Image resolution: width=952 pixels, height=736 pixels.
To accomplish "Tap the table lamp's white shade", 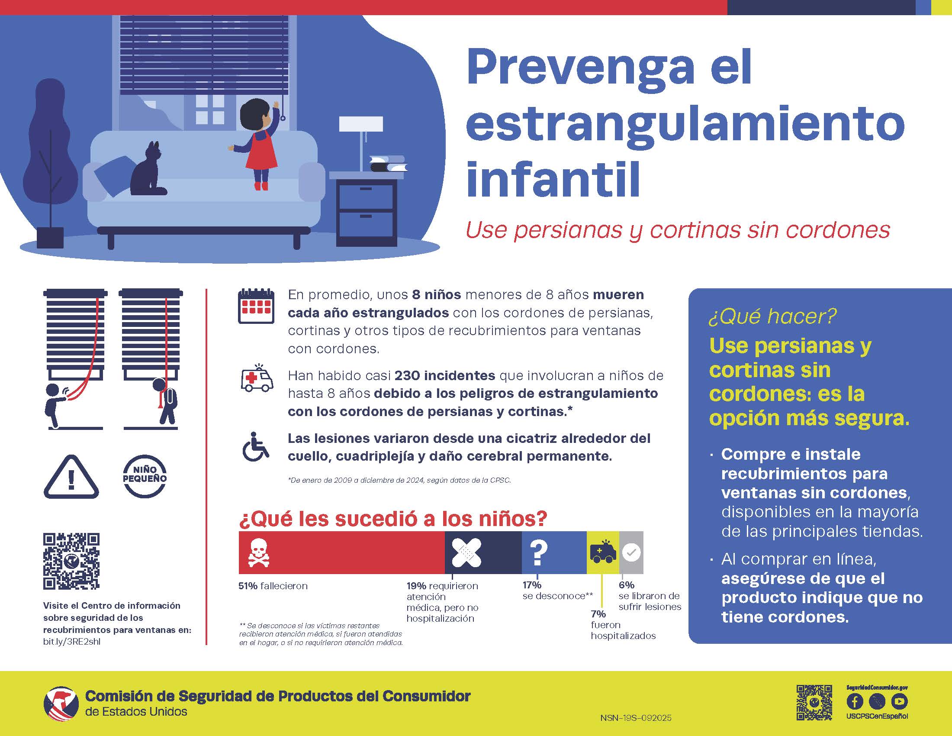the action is (x=361, y=124).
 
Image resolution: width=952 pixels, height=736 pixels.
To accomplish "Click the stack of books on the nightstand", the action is (x=388, y=164).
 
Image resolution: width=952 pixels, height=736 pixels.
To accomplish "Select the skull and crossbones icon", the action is (x=258, y=552).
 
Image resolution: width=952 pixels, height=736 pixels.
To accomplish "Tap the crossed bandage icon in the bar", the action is (x=466, y=552).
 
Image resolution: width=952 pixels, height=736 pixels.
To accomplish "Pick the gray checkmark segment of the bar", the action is (x=631, y=552).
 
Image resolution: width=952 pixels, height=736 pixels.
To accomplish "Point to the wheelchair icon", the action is (x=255, y=446).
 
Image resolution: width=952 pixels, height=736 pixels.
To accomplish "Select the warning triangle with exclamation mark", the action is (x=71, y=477).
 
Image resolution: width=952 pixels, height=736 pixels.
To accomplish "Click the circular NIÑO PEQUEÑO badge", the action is (x=145, y=476).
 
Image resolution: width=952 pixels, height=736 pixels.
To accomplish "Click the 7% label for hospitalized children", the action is (x=598, y=614).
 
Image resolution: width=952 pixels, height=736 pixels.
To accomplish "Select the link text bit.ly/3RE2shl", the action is (x=71, y=641).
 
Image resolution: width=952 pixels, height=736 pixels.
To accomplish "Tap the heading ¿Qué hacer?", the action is (x=772, y=316).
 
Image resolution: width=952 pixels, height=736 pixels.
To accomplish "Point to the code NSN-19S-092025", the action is (x=636, y=718).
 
